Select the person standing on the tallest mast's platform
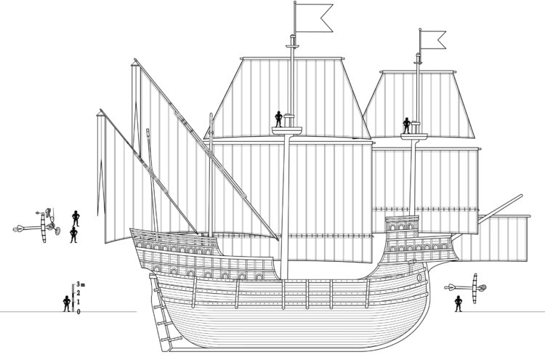278,119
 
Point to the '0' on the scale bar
78,311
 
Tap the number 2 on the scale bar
78,293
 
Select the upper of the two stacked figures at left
76,217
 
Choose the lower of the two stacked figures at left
73,235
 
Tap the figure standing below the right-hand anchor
459,303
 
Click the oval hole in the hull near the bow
421,277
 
